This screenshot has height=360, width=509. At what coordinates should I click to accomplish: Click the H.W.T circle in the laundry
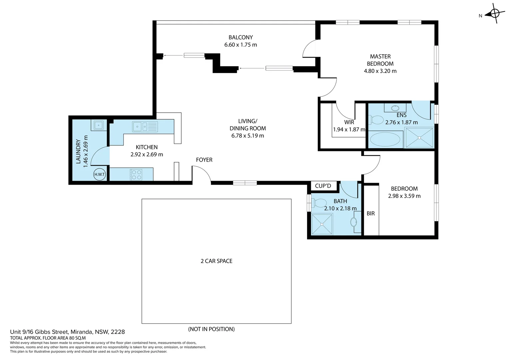(x=100, y=174)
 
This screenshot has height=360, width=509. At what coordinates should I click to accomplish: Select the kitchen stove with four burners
(x=136, y=175)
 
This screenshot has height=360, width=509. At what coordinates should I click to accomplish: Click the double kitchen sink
(x=145, y=127)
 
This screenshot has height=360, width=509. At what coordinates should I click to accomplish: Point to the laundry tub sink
(x=98, y=125)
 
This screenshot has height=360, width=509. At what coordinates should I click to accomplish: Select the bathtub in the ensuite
(x=386, y=140)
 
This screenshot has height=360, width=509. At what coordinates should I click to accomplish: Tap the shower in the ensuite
(x=419, y=138)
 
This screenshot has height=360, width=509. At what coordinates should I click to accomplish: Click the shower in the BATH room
(x=322, y=224)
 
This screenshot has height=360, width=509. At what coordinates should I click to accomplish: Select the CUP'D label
(x=323, y=186)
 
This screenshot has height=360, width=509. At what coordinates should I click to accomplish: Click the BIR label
(x=371, y=213)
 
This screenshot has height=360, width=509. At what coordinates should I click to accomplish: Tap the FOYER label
(x=204, y=160)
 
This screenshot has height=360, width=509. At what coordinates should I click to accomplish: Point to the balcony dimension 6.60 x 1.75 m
(x=241, y=45)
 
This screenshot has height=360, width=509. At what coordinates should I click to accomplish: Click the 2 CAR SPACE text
(x=217, y=261)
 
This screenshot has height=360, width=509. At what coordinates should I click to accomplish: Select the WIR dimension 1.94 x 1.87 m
(x=349, y=129)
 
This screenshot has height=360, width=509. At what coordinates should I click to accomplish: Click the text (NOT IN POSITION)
(x=211, y=329)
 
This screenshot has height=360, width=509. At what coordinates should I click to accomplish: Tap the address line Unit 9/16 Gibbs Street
(x=67, y=332)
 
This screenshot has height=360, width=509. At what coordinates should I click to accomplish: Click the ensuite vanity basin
(x=395, y=108)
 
